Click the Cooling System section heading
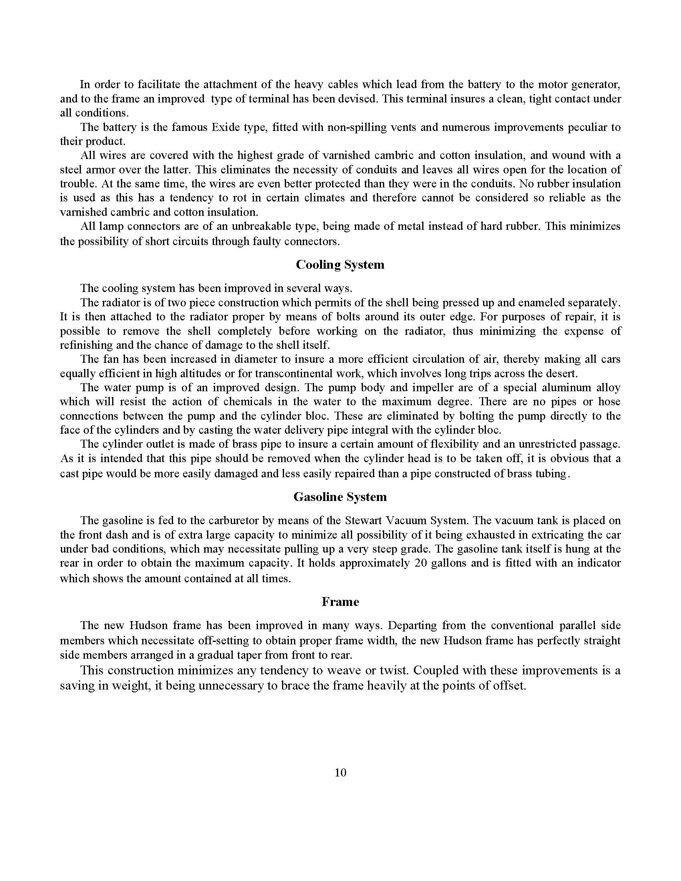(x=340, y=265)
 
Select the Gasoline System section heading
(x=340, y=497)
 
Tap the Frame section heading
(x=340, y=602)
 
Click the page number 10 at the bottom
(x=340, y=772)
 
